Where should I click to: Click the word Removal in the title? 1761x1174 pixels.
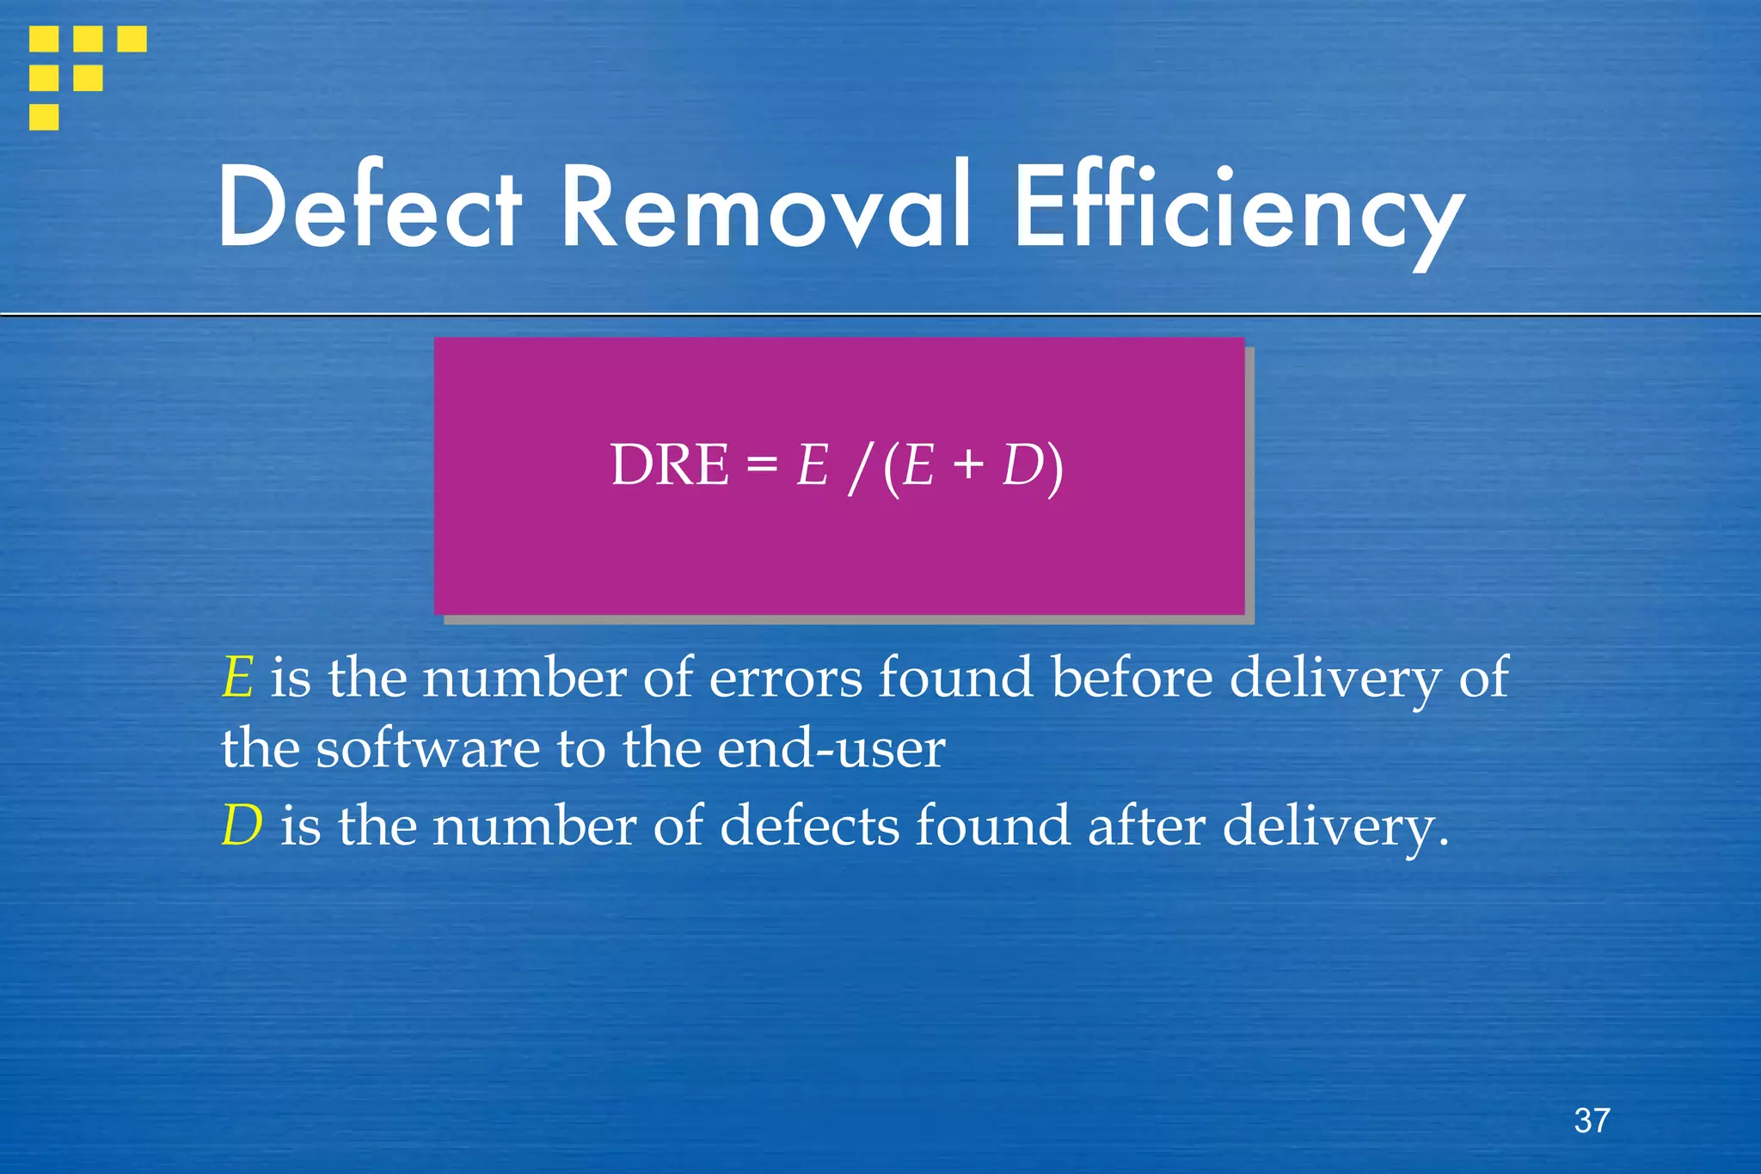(x=766, y=208)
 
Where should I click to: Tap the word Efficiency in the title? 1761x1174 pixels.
(x=1238, y=211)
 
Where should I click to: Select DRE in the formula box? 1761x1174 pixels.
(x=669, y=465)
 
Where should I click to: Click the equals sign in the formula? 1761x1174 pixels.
(x=761, y=467)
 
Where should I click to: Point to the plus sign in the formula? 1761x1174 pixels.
(x=968, y=467)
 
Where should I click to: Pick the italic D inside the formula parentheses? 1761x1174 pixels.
(x=1022, y=465)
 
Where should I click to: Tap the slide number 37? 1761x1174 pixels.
(x=1592, y=1121)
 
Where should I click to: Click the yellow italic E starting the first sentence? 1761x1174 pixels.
(x=237, y=678)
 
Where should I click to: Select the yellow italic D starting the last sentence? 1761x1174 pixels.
(x=242, y=826)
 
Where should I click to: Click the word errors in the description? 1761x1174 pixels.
(x=785, y=678)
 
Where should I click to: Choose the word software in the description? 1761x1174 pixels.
(x=427, y=748)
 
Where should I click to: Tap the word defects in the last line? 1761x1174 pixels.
(x=808, y=826)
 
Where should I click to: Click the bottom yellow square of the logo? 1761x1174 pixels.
(x=44, y=117)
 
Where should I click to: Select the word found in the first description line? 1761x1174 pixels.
(x=955, y=678)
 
